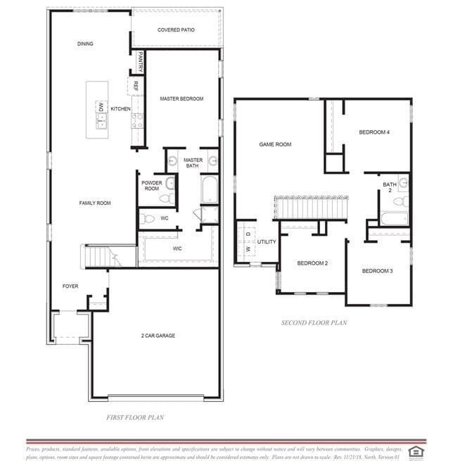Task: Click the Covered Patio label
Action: tap(176, 30)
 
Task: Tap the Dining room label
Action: tap(85, 44)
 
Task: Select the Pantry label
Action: tap(141, 61)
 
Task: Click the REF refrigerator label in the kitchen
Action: tap(135, 87)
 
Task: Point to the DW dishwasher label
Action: tap(101, 108)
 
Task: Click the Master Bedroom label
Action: tap(181, 99)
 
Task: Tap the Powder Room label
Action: tap(152, 186)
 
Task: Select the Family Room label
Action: tap(94, 203)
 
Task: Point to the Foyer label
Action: tap(70, 286)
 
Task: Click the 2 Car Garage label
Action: tap(158, 336)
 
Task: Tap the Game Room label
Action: tap(275, 144)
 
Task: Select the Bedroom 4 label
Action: tap(374, 132)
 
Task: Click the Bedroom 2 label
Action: tap(312, 263)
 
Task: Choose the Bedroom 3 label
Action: tap(377, 271)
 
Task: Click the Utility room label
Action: tap(267, 242)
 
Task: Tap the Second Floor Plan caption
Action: tap(314, 323)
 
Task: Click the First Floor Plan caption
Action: tap(135, 417)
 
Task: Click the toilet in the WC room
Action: tap(148, 219)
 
